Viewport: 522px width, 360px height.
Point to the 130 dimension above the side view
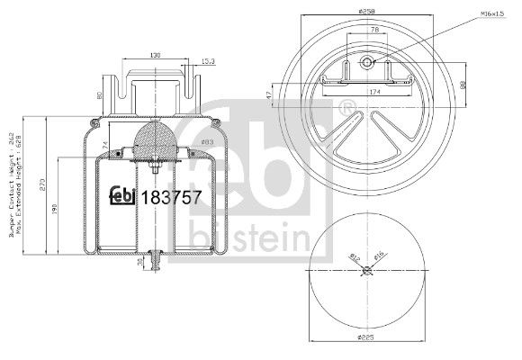(155, 56)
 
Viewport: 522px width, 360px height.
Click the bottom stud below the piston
(155, 261)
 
